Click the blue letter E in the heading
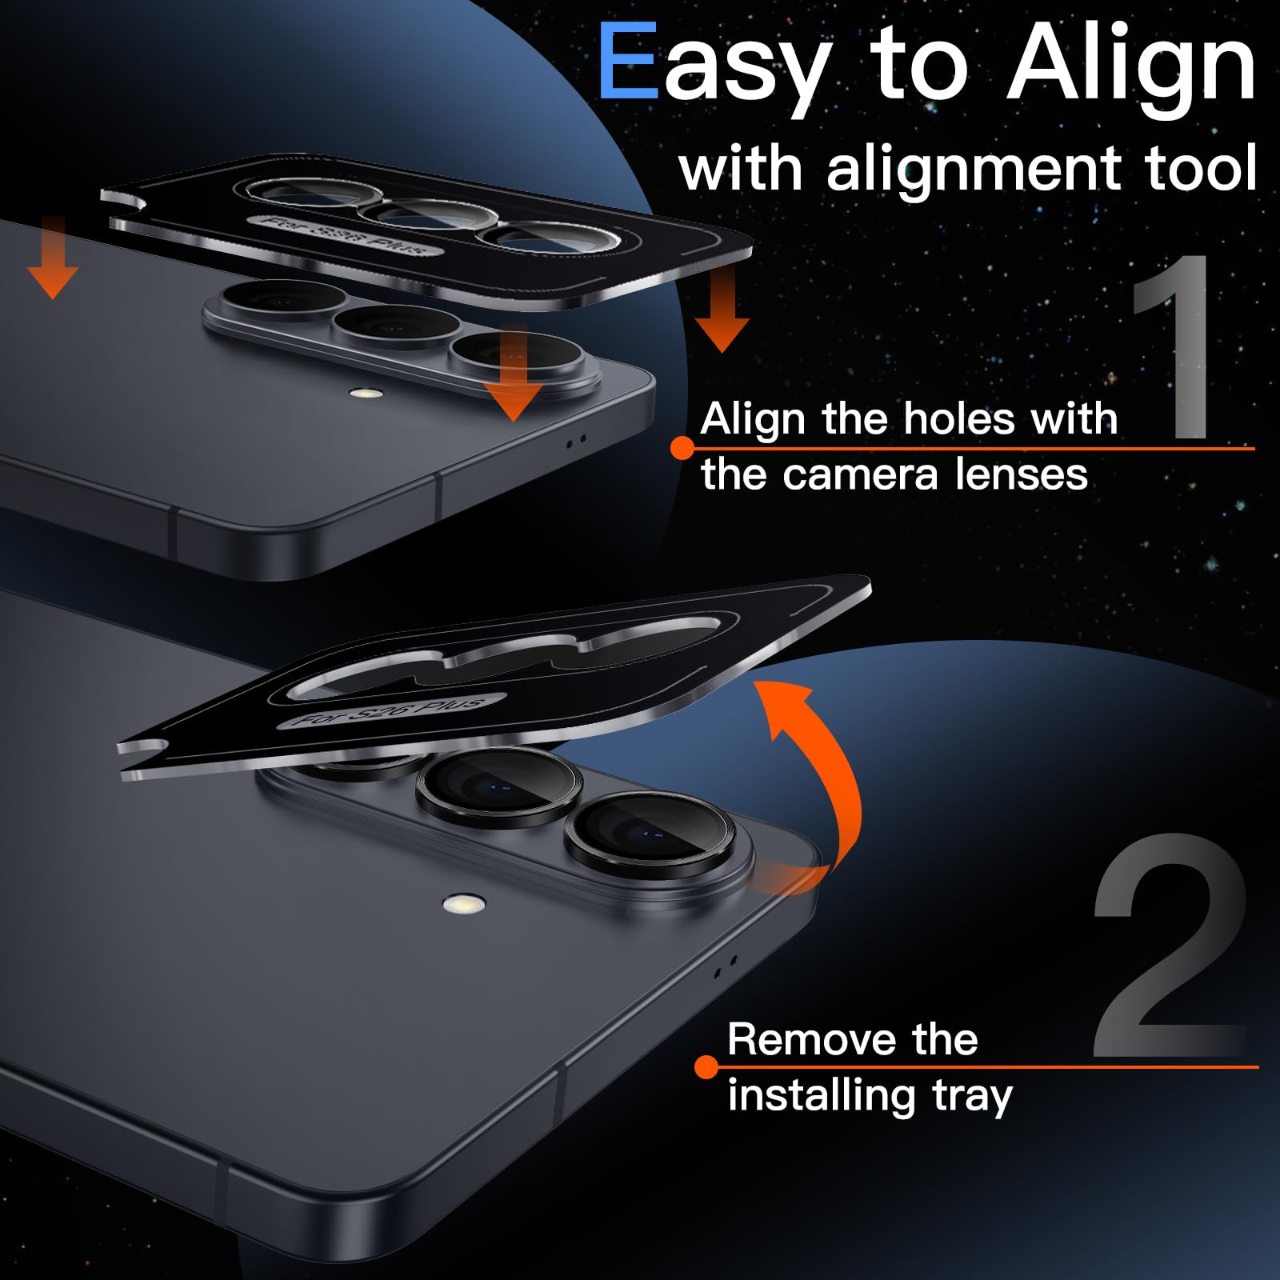tap(627, 62)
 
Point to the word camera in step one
tap(860, 474)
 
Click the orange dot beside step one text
tap(682, 448)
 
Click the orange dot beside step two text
tap(706, 1067)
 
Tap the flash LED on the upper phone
tap(368, 394)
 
